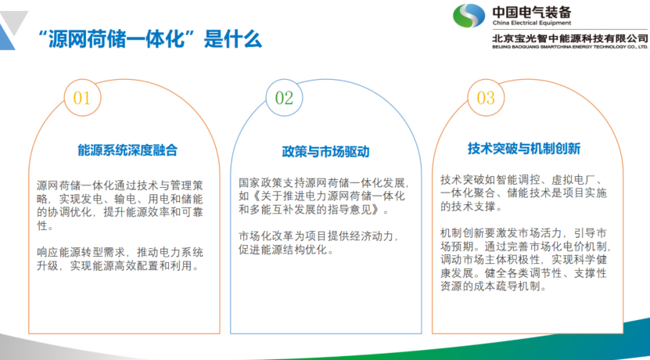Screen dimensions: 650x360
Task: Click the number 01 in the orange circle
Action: coord(81,98)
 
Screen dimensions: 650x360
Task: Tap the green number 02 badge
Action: coord(284,98)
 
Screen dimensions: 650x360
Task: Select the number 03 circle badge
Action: coord(486,98)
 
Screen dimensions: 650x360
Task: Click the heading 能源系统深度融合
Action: coord(127,150)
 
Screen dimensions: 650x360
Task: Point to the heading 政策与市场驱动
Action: coord(326,152)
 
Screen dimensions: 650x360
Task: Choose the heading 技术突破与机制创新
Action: coord(524,149)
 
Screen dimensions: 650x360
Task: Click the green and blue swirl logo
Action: coord(469,16)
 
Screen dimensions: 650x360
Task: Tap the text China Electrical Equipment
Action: coord(531,23)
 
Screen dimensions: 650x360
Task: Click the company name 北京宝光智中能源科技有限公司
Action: coord(570,38)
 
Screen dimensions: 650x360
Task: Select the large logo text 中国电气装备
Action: coord(531,11)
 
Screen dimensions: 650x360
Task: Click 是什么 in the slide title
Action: coord(233,40)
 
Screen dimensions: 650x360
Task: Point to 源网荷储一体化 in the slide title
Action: coord(120,40)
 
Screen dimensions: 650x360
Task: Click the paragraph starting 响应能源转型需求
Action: coord(120,259)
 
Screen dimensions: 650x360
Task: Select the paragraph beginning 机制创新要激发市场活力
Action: coord(526,259)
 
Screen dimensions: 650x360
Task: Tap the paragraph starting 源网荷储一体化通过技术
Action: coord(120,205)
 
